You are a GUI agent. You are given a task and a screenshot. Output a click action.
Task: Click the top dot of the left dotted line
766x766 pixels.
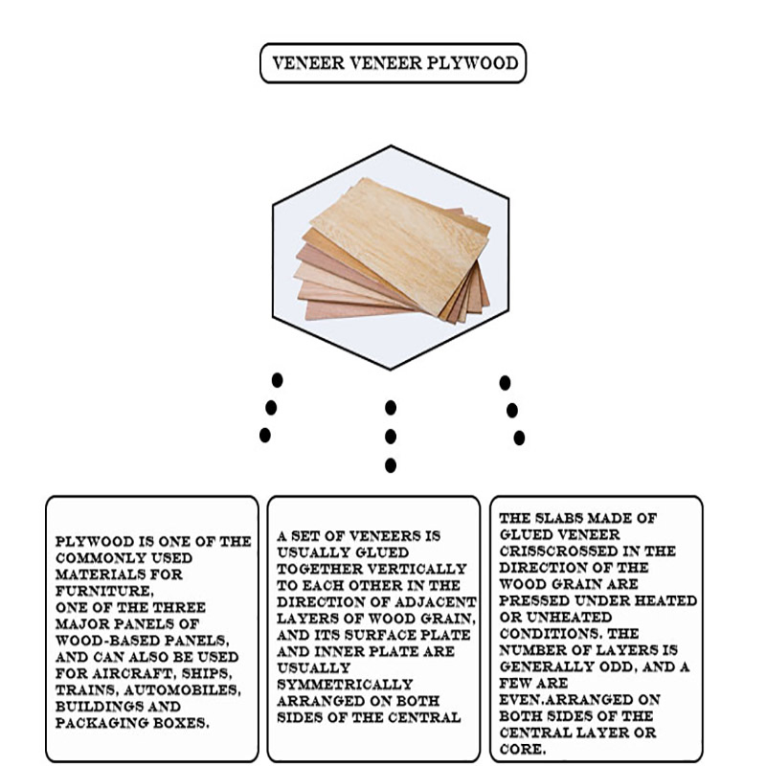pos(277,380)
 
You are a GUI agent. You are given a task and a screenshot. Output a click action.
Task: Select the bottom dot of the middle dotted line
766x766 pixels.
pos(391,465)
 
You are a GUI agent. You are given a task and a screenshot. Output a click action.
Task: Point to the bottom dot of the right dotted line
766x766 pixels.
pos(519,438)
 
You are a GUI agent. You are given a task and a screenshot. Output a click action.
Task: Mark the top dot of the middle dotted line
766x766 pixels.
pos(391,408)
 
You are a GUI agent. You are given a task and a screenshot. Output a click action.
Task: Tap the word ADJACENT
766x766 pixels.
pos(441,601)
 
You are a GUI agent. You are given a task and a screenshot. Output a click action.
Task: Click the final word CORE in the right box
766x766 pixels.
pos(522,749)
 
